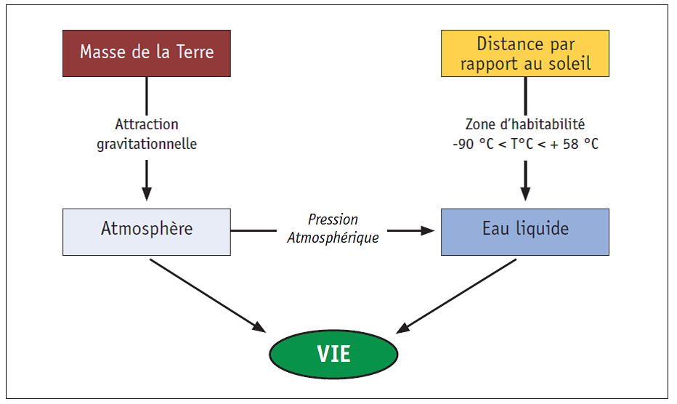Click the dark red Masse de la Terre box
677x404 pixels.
(x=147, y=54)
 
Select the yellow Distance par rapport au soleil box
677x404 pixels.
(x=525, y=54)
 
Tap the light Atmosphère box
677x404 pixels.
(x=147, y=232)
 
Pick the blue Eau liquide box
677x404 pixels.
(x=525, y=232)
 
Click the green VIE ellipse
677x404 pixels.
(x=333, y=355)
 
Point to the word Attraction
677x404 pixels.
(x=147, y=124)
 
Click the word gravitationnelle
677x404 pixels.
(x=147, y=144)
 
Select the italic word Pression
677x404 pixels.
(x=333, y=219)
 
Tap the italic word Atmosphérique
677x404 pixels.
(x=333, y=238)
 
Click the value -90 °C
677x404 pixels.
(x=473, y=144)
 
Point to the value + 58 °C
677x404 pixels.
(x=575, y=144)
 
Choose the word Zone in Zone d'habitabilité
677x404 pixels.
(x=480, y=124)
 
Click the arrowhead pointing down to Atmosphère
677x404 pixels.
(x=147, y=194)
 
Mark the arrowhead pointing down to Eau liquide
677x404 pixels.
(x=525, y=194)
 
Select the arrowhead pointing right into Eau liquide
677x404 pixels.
(x=427, y=231)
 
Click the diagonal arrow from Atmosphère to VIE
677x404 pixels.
(x=208, y=296)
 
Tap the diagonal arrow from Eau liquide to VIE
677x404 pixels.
(x=456, y=296)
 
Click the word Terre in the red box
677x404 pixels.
(x=195, y=52)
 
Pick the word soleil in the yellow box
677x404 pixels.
(x=569, y=63)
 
